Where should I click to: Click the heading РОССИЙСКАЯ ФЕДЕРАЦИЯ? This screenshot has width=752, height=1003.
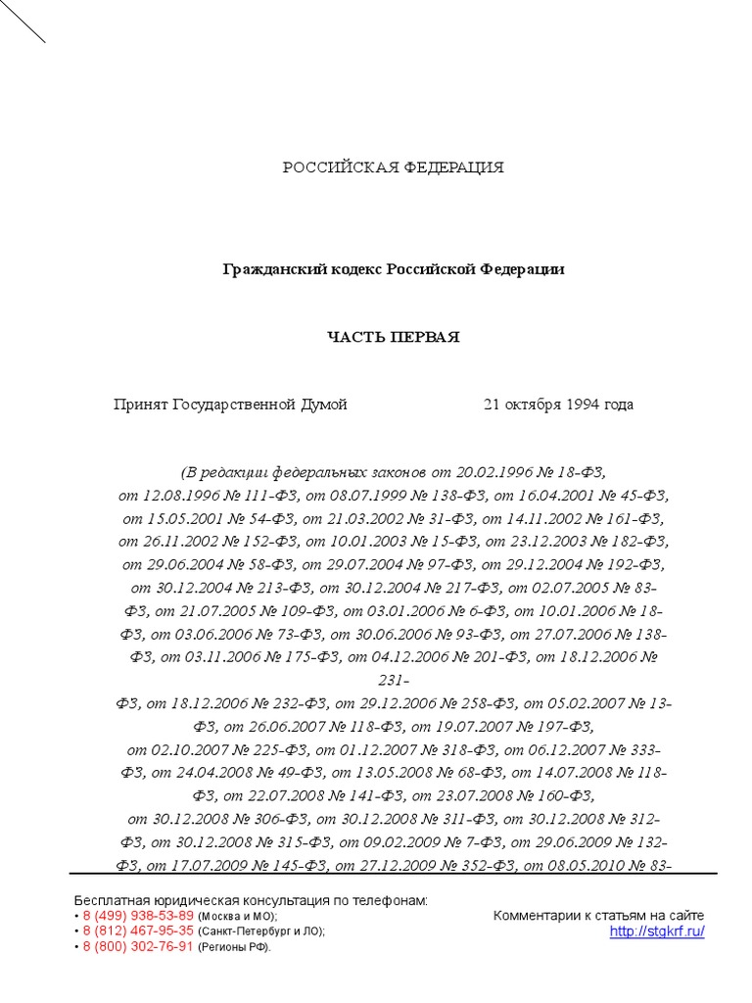pyautogui.click(x=394, y=167)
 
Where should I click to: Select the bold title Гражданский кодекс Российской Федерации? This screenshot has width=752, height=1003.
pyautogui.click(x=394, y=268)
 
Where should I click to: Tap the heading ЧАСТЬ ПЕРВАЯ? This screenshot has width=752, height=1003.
pyautogui.click(x=393, y=337)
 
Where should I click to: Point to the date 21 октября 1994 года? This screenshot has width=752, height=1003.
pyautogui.click(x=558, y=405)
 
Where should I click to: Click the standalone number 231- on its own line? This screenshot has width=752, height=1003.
pyautogui.click(x=393, y=680)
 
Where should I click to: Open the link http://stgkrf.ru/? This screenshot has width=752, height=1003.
pyautogui.click(x=657, y=931)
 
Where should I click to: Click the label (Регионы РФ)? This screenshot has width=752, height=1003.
pyautogui.click(x=234, y=948)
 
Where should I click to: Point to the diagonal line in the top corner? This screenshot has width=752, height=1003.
pyautogui.click(x=23, y=23)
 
